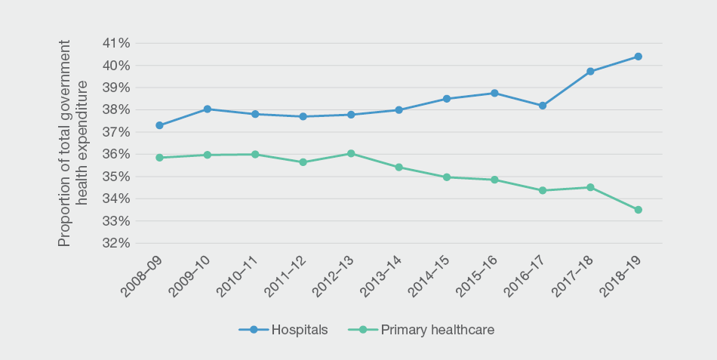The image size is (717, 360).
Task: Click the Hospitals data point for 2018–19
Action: [638, 57]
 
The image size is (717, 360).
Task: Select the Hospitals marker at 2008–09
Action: [159, 125]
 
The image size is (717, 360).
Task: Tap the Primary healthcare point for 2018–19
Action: [638, 210]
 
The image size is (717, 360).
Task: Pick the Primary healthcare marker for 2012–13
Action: [351, 153]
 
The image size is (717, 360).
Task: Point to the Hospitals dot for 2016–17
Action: [542, 106]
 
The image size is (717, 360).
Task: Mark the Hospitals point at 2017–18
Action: [590, 72]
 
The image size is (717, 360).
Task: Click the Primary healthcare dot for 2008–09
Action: [159, 158]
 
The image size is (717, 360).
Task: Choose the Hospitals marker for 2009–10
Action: [207, 109]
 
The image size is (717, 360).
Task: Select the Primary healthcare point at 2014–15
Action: [447, 177]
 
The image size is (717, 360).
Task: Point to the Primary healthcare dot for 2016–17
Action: [542, 190]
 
